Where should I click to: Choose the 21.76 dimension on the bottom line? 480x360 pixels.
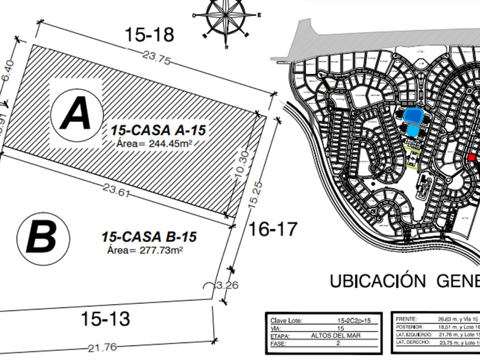[x=102, y=347]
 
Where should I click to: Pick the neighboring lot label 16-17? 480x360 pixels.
[x=273, y=229]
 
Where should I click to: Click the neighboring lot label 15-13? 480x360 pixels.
[x=105, y=318]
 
